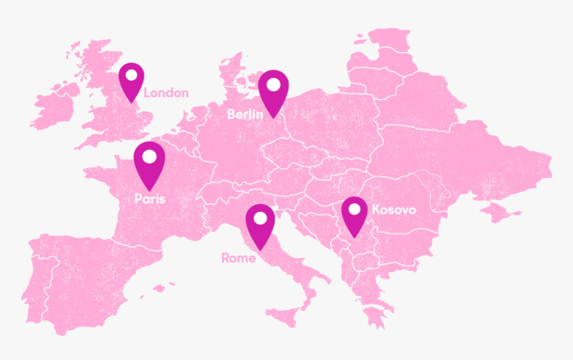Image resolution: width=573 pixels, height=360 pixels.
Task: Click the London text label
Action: tap(166, 93)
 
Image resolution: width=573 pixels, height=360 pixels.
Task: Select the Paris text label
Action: tap(149, 199)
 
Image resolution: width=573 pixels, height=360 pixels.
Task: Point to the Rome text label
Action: tap(238, 258)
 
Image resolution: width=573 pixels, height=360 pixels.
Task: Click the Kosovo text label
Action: tap(394, 210)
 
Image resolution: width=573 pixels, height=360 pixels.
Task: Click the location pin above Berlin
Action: tap(273, 92)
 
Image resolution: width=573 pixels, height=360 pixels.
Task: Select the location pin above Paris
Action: tap(149, 164)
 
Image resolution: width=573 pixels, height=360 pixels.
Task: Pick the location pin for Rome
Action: tap(260, 225)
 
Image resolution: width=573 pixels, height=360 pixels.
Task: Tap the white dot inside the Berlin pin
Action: tap(273, 85)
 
